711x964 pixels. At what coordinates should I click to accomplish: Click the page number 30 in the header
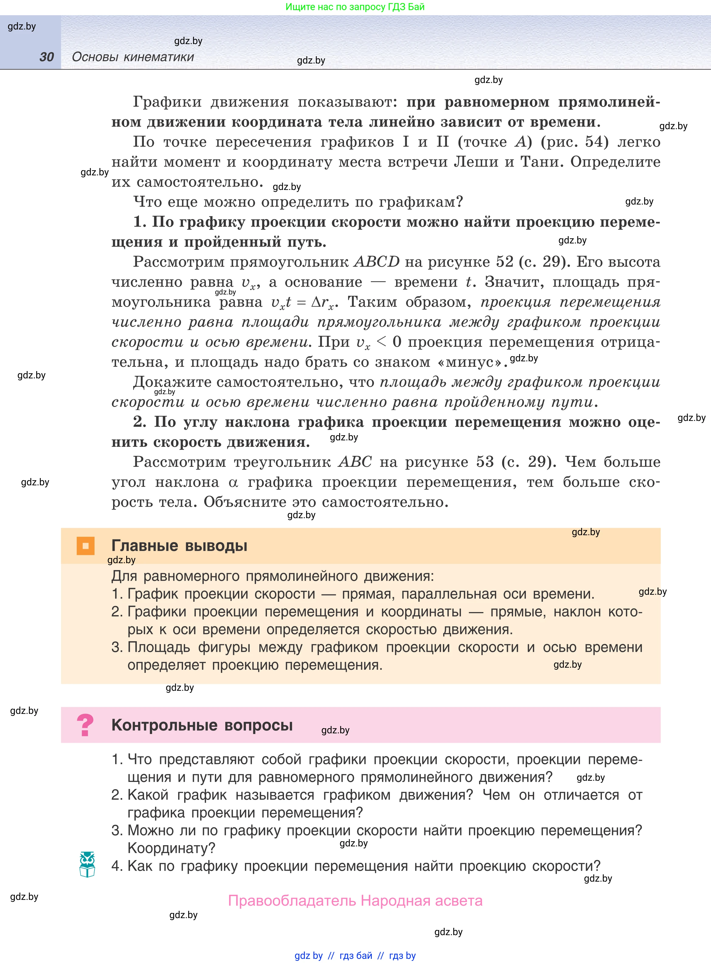[47, 57]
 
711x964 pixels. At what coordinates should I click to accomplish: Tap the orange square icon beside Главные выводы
[85, 546]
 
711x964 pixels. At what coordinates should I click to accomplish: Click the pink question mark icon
[85, 725]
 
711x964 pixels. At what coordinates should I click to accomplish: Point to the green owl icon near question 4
[87, 864]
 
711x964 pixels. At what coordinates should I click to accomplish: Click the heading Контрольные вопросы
[202, 725]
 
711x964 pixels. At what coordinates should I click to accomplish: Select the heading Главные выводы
[179, 546]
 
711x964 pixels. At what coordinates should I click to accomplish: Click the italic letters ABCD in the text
[377, 262]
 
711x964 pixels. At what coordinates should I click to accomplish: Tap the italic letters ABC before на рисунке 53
[355, 462]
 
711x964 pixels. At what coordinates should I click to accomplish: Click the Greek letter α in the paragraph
[233, 482]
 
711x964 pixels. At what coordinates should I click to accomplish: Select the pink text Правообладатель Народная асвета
[355, 900]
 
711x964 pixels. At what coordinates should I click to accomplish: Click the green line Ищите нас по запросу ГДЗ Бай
[355, 7]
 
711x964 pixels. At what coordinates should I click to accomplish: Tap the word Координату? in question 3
[171, 848]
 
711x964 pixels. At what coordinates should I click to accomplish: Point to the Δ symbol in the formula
[316, 302]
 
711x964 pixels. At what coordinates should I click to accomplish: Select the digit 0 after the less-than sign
[397, 342]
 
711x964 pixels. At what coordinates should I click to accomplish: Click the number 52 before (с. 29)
[504, 262]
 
